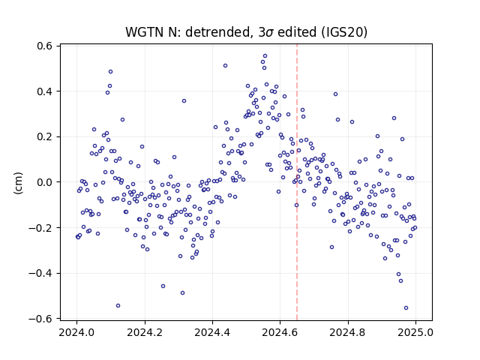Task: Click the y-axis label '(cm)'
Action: click(18, 183)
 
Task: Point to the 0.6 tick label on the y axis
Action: click(45, 46)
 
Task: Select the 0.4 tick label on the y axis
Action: click(45, 91)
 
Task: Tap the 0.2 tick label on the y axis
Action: click(45, 136)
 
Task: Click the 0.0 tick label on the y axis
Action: click(45, 182)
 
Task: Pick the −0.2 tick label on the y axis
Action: click(40, 228)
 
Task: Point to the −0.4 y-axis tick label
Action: click(40, 273)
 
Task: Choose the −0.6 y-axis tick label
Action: click(40, 319)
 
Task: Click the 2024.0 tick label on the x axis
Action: click(76, 332)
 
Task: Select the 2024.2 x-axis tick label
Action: click(145, 332)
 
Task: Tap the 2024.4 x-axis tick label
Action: click(212, 332)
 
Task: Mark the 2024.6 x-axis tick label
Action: click(280, 332)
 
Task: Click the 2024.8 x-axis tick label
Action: click(348, 332)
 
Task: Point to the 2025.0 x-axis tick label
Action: click(415, 332)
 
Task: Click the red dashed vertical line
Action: click(297, 182)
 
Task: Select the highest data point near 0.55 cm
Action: click(265, 56)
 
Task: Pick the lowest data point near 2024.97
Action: click(406, 308)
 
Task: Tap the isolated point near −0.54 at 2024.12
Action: click(118, 305)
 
